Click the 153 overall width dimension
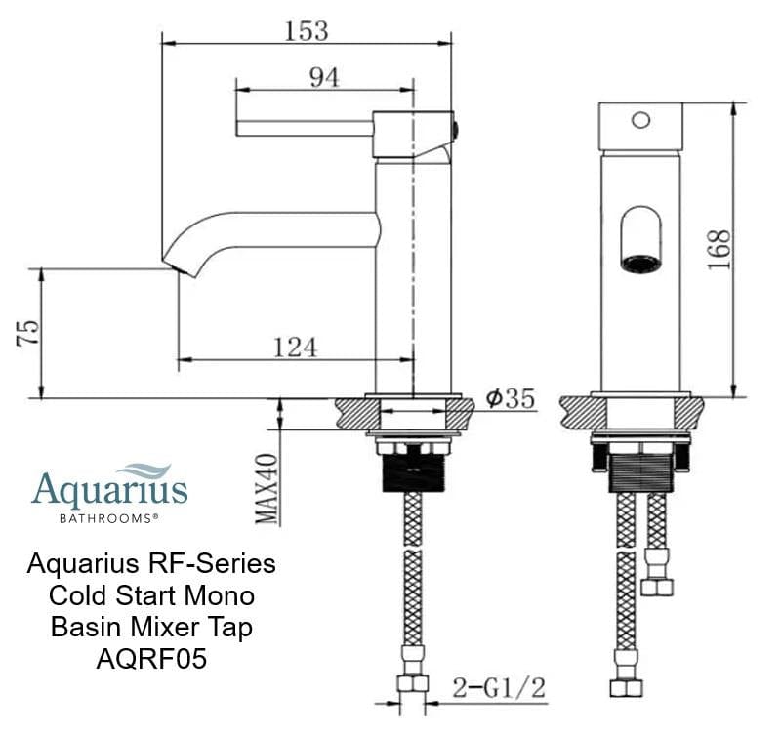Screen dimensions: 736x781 click(x=306, y=30)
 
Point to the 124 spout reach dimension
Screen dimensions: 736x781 click(x=296, y=346)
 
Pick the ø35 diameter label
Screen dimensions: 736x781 click(x=509, y=398)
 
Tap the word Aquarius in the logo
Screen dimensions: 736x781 click(x=109, y=489)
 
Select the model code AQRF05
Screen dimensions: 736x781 click(x=151, y=659)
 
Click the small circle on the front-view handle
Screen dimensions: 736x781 click(x=640, y=120)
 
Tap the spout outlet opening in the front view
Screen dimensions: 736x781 click(x=639, y=262)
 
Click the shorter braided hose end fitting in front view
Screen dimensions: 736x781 click(x=657, y=586)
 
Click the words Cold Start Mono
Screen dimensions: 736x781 click(x=151, y=595)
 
